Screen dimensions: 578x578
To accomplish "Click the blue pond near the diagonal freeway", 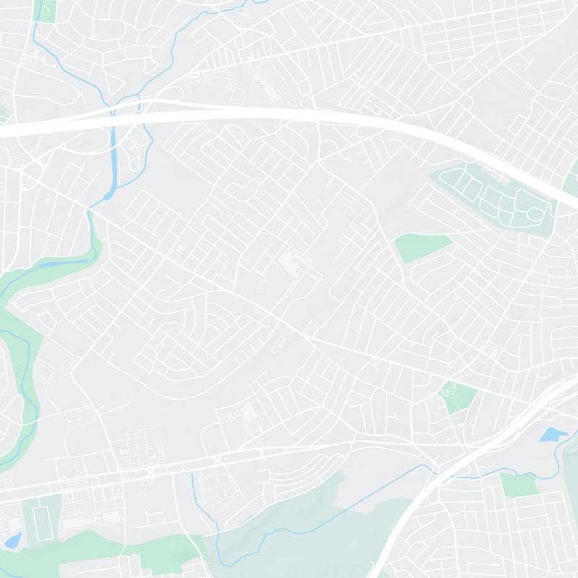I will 554,434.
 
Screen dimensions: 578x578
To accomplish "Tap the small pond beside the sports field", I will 12,540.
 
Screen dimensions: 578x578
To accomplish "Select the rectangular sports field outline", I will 40,518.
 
